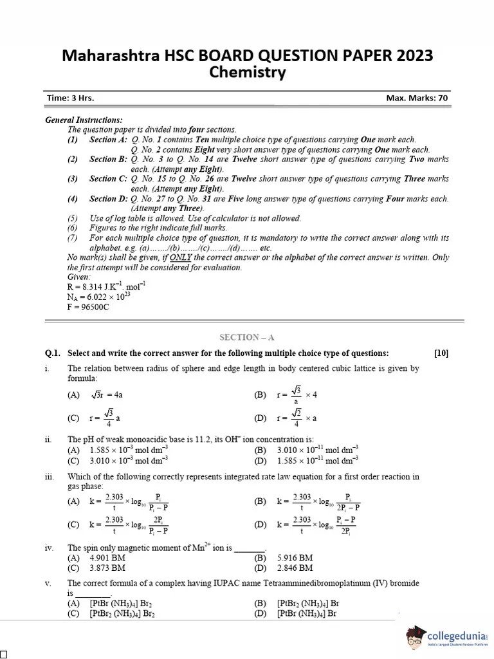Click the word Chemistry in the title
tap(248, 73)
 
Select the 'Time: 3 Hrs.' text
tap(70, 98)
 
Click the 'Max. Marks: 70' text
tap(417, 98)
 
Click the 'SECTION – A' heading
tap(246, 337)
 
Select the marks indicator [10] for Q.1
tap(441, 353)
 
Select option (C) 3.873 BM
tap(96, 568)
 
